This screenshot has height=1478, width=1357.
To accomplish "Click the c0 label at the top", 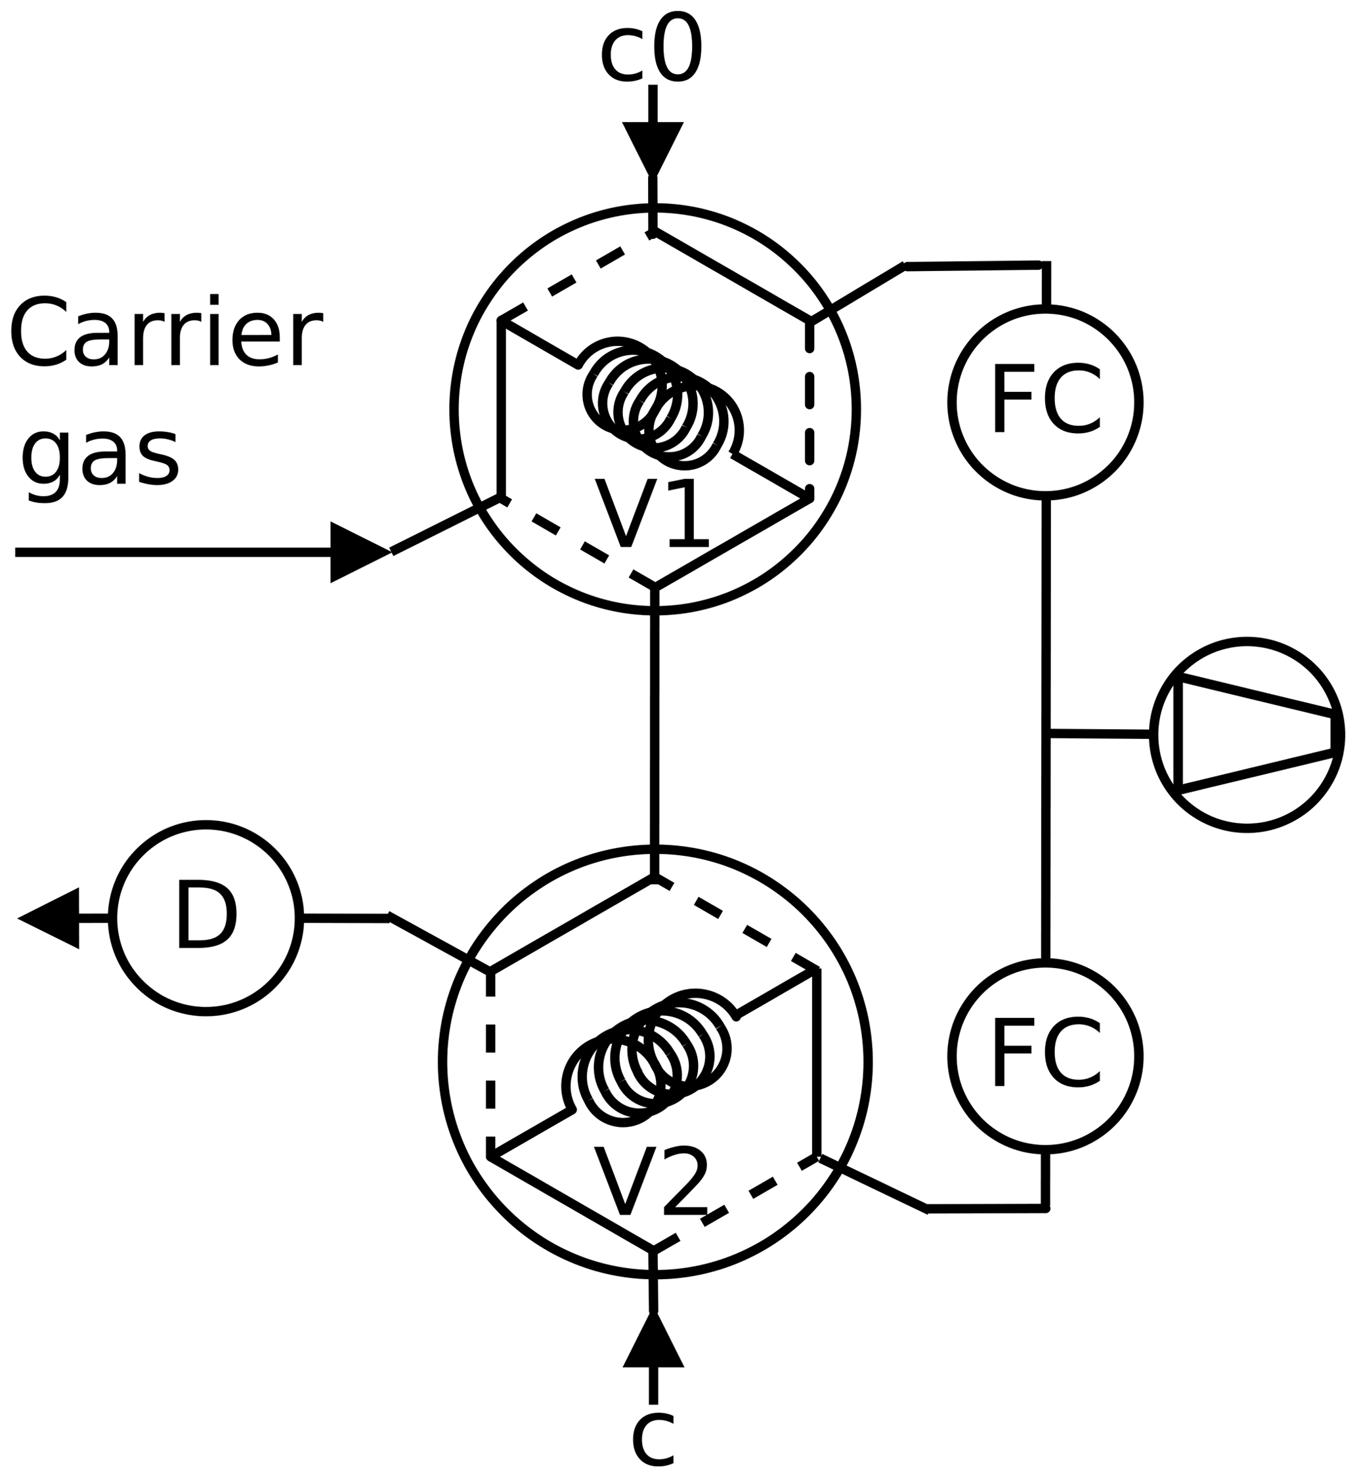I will click(651, 49).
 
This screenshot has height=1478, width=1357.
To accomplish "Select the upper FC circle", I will click(1045, 402).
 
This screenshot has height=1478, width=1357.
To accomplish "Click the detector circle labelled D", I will click(206, 918).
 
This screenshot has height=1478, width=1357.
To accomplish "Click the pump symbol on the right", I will click(1247, 734).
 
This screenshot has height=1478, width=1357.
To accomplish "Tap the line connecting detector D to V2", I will click(345, 918).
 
